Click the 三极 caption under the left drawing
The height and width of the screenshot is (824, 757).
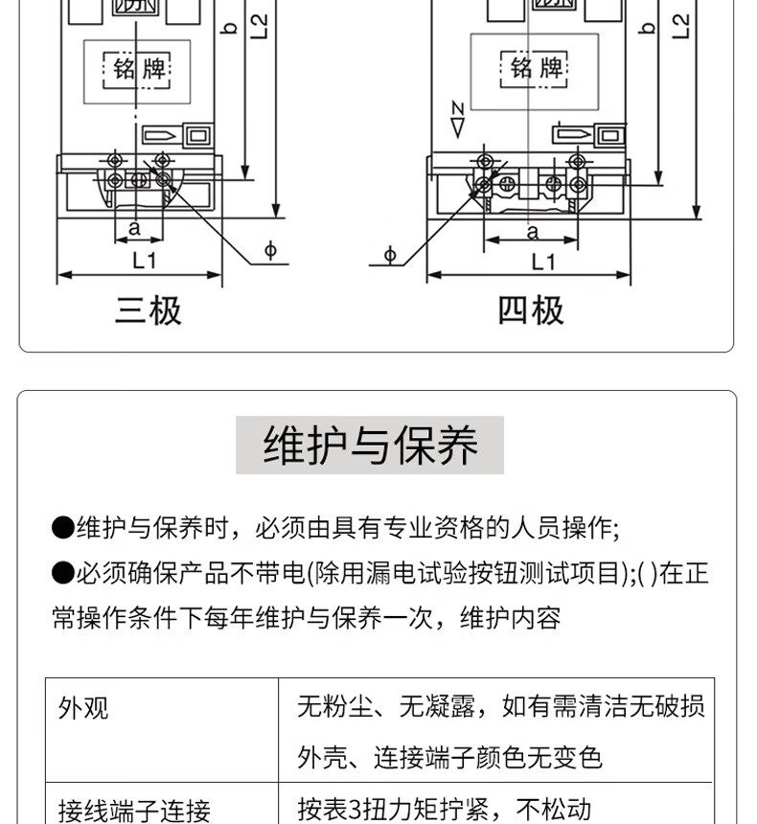149,310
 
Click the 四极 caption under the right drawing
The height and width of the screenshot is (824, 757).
531,310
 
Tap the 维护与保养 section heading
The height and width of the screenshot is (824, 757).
370,446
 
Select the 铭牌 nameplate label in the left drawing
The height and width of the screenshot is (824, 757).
138,69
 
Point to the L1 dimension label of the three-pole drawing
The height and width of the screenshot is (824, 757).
144,260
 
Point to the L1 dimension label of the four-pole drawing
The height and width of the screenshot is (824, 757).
543,261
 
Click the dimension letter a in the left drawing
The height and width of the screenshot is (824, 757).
134,228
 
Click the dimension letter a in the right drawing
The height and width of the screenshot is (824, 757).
533,231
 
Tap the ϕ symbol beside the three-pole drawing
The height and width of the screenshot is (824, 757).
271,251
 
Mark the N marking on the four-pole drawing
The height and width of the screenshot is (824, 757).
457,107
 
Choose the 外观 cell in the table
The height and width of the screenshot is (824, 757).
83,709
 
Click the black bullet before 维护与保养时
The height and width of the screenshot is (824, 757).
62,527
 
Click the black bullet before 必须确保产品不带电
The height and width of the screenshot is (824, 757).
62,573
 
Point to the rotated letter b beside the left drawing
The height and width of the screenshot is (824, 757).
229,28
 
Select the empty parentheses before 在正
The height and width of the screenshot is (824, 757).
648,573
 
